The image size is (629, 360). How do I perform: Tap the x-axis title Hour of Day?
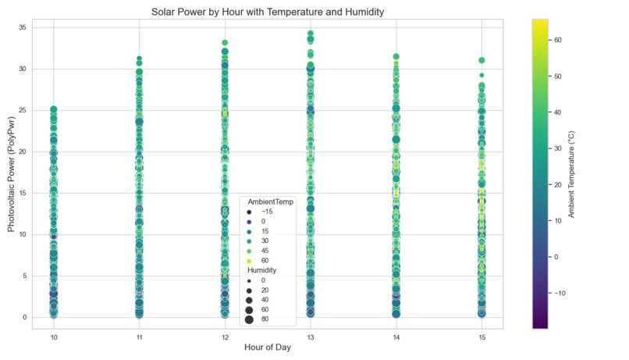[267, 348]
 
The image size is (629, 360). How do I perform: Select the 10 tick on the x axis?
[54, 337]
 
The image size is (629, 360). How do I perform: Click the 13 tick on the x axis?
[311, 337]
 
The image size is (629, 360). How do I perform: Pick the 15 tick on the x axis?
[482, 337]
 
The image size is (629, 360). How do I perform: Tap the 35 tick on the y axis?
[23, 28]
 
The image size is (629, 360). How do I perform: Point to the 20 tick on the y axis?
[23, 151]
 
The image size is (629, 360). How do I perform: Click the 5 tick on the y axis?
[26, 276]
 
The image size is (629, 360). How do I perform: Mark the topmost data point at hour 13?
[311, 34]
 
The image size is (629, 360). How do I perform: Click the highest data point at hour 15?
[482, 60]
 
